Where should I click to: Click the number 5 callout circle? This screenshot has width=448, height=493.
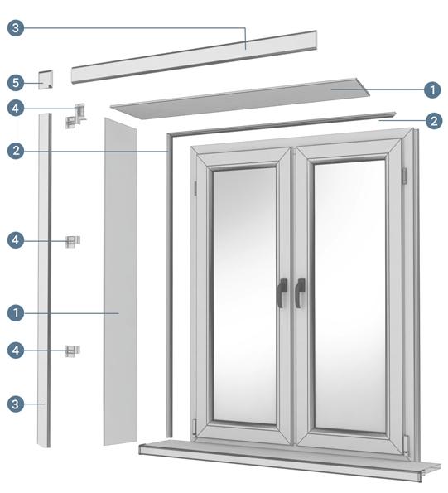[x=16, y=82]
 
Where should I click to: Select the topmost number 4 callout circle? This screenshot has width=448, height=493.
[x=16, y=108]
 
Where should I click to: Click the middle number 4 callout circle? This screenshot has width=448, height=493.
[x=16, y=240]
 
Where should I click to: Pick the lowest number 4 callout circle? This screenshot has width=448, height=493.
[x=16, y=350]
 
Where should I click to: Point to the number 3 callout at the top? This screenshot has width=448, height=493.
[x=16, y=28]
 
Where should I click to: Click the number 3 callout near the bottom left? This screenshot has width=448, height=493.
[x=16, y=404]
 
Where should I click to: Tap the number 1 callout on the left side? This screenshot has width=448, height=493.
[x=16, y=313]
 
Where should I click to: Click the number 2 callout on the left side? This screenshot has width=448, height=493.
[x=16, y=151]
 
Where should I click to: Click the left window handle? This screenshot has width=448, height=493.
[x=282, y=292]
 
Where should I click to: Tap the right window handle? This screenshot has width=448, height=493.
[x=299, y=292]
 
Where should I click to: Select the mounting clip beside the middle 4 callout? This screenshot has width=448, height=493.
[x=74, y=241]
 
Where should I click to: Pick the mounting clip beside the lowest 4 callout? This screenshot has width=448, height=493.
[x=73, y=350]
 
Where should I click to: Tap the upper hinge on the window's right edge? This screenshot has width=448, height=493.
[x=405, y=175]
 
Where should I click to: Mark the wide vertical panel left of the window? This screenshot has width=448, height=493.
[x=118, y=282]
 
